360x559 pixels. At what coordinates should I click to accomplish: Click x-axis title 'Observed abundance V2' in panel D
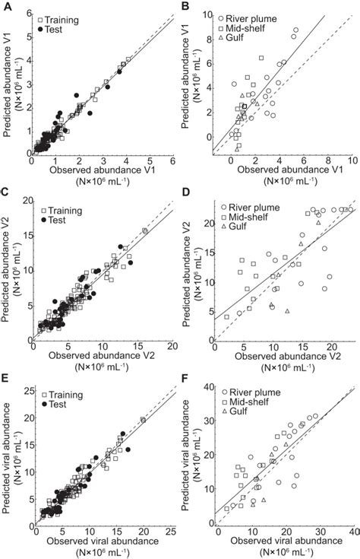point(279,357)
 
